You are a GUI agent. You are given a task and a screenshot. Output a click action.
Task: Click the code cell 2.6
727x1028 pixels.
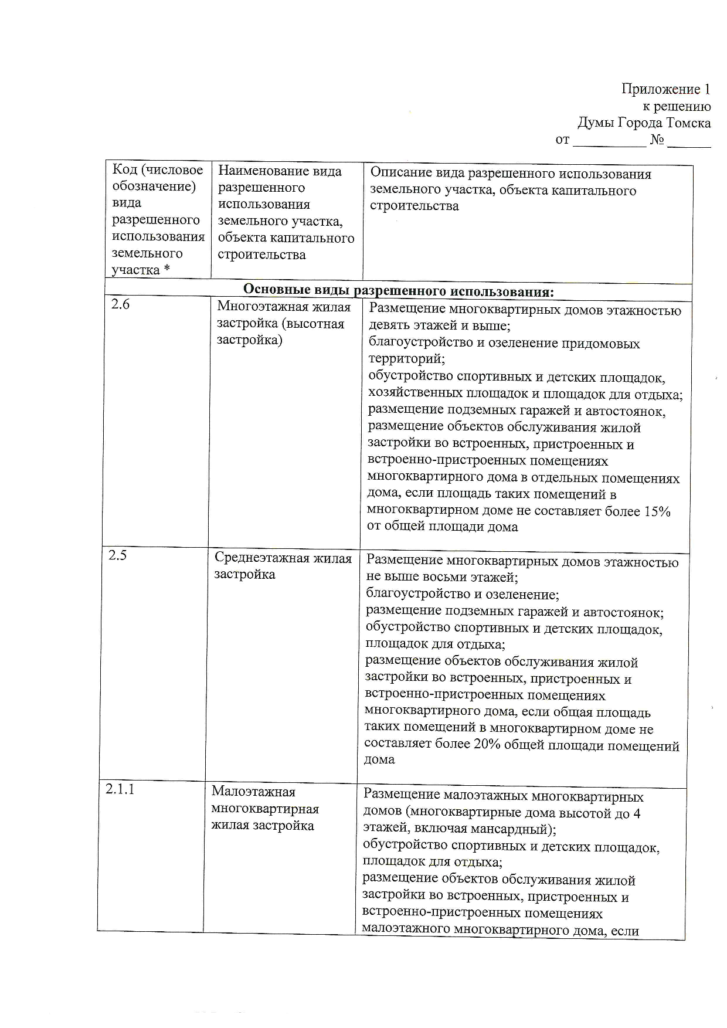121,305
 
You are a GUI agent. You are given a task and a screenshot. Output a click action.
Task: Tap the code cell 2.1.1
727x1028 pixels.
120,789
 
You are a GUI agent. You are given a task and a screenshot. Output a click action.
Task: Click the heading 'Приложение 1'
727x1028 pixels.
665,89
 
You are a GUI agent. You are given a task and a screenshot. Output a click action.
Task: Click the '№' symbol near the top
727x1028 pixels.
656,141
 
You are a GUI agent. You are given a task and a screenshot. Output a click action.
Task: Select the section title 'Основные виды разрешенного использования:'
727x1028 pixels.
398,291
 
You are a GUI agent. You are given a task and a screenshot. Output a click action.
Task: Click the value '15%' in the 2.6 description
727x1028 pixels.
657,511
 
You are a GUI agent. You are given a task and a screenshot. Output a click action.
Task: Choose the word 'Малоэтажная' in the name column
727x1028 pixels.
253,792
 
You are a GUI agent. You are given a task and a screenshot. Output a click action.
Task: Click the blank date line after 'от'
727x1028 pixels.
609,141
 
